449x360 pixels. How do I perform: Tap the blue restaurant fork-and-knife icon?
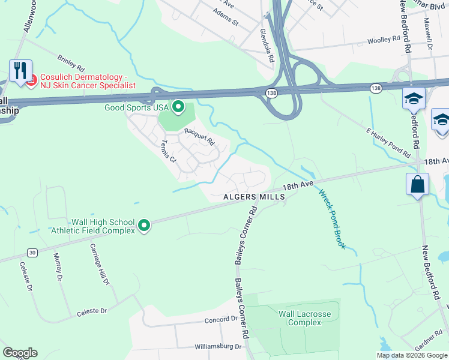point(20,71)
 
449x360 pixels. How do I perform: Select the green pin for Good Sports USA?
point(178,107)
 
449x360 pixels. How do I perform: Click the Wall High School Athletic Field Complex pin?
point(144,226)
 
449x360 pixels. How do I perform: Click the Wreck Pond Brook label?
point(332,220)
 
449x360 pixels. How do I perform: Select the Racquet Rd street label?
point(199,137)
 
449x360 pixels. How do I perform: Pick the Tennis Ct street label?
point(168,152)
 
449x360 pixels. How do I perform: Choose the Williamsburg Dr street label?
point(217,347)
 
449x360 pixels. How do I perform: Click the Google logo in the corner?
point(20,353)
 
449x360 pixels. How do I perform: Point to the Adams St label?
point(226,19)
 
